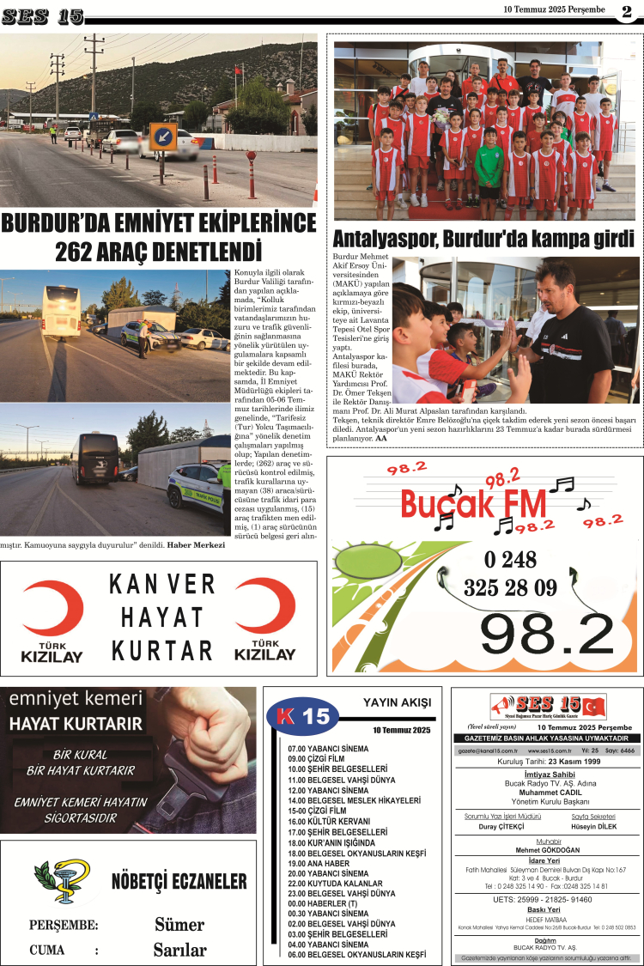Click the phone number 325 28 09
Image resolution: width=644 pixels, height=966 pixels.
point(510,588)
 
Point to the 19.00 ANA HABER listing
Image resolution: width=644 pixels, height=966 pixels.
point(322,863)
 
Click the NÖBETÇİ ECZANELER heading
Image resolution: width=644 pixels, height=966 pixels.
point(179,882)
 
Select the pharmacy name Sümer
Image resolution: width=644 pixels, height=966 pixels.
point(179,924)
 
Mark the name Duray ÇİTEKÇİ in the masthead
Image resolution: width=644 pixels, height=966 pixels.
point(501,826)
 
